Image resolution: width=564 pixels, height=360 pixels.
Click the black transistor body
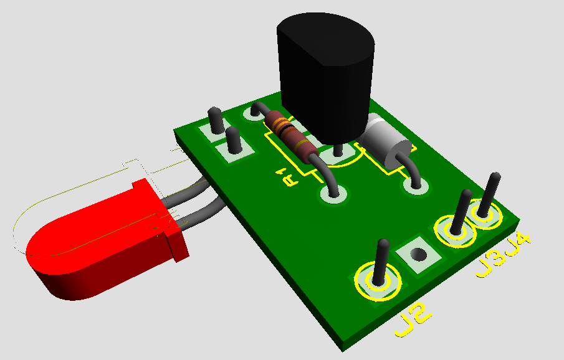pos(325,75)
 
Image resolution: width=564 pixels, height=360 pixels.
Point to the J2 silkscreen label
pos(413,320)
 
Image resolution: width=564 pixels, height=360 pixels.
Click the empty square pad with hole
pos(418,255)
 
